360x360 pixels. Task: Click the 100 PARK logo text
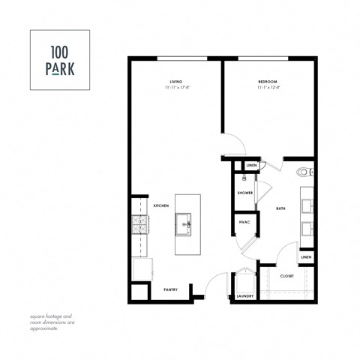(59, 59)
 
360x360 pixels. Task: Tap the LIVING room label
(175, 82)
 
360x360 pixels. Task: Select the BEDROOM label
(268, 82)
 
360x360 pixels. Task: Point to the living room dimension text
(175, 88)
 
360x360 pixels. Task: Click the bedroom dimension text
(268, 88)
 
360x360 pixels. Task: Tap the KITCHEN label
(161, 205)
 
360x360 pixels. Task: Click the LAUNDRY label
(245, 295)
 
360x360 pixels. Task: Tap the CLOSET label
(287, 276)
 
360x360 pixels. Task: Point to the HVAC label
(244, 223)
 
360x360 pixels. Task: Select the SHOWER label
(245, 193)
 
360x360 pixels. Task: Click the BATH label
(280, 208)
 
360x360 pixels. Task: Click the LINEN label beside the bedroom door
(251, 166)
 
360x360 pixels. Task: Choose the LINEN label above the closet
(305, 257)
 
